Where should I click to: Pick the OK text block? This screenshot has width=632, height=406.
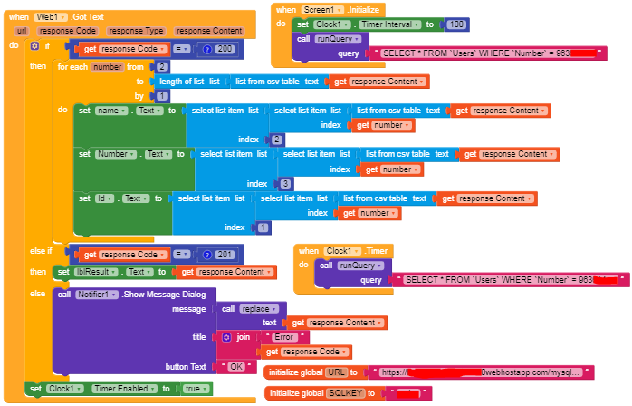[x=235, y=366]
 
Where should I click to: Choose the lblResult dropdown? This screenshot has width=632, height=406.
[x=93, y=271]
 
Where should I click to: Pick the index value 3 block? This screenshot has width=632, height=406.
[x=285, y=184]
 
